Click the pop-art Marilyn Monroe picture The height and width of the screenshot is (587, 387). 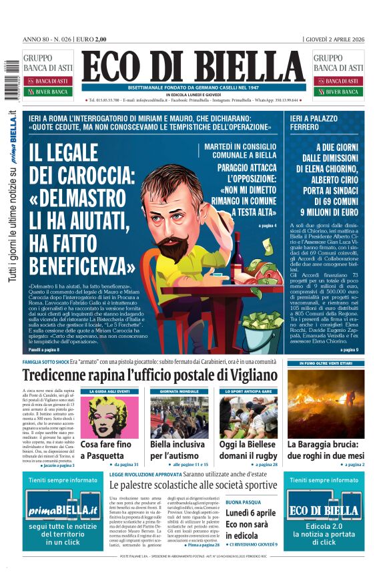click(109, 416)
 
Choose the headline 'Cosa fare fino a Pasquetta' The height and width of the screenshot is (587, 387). click(109, 449)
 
